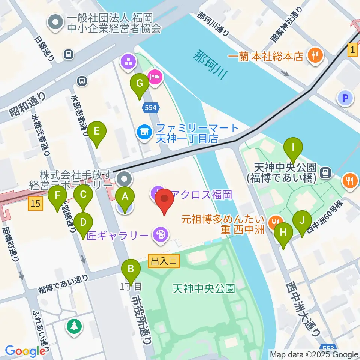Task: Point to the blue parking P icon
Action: (345, 99)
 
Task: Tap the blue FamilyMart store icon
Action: (144, 132)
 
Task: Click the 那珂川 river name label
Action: (211, 64)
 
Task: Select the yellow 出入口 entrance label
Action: (164, 260)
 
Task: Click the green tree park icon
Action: (74, 325)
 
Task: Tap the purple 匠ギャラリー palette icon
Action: (160, 235)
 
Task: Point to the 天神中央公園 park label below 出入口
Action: (204, 288)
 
